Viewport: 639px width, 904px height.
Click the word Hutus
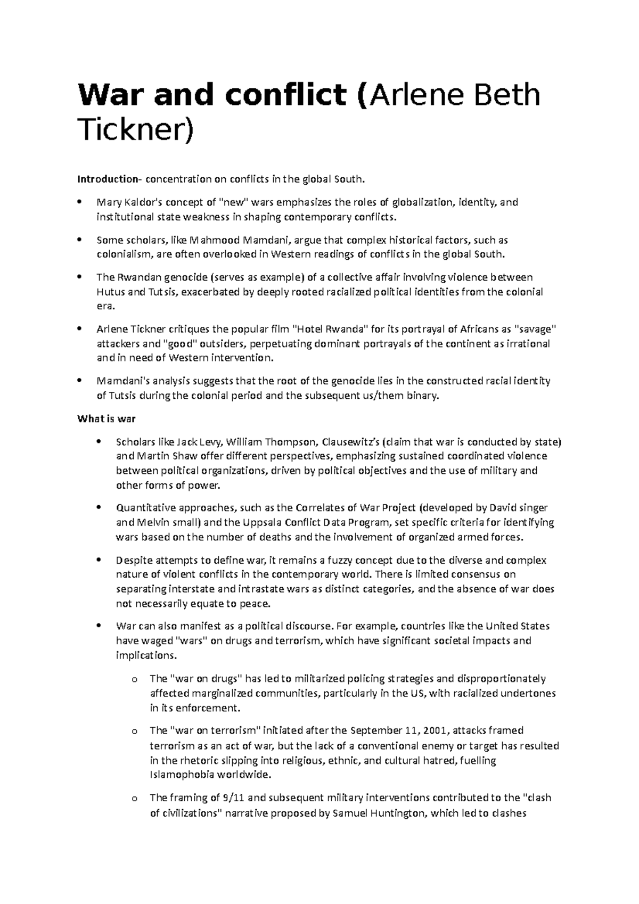110,292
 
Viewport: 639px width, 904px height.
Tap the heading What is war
106,418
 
